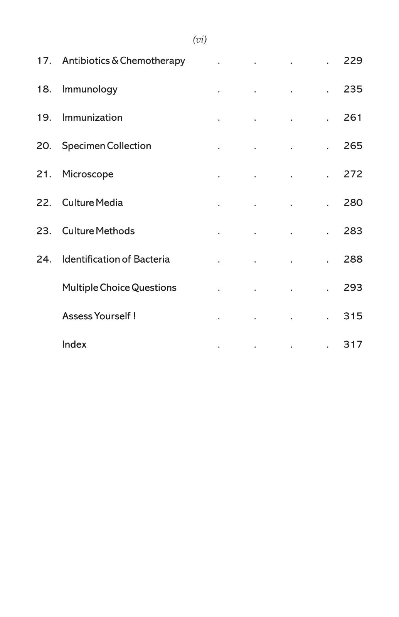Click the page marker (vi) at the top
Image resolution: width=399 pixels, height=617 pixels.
coord(200,39)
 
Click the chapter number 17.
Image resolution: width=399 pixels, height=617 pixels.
coord(44,61)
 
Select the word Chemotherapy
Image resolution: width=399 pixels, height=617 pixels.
coord(152,61)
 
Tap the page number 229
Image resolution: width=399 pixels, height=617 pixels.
coord(353,61)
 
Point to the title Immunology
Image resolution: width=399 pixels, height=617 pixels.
coord(89,89)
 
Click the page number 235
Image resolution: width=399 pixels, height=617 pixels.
coord(353,89)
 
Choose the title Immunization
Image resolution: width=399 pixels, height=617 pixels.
coord(92,117)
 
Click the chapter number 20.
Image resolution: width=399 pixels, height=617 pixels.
coord(44,146)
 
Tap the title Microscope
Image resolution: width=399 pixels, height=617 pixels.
coord(88,174)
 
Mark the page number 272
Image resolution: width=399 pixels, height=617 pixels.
coord(353,174)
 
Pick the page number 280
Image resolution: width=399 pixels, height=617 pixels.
coord(353,202)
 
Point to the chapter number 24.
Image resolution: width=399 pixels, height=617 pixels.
coord(44,259)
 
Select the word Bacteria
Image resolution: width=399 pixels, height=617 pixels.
coord(152,259)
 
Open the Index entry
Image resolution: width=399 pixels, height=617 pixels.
coord(74,344)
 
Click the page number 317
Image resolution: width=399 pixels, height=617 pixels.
coord(353,344)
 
